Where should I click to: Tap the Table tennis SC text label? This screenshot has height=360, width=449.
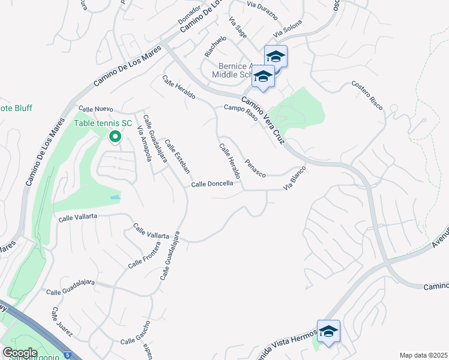pos(103,124)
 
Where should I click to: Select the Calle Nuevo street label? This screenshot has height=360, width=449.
pos(96,109)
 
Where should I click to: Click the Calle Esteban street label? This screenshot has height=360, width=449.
pos(177,157)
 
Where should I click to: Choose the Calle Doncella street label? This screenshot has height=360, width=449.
pos(212,184)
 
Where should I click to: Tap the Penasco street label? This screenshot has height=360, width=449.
pos(255,167)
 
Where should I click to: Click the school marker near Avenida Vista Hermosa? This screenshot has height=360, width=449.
pos(328,331)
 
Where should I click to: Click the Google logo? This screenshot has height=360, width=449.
pos(20,352)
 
